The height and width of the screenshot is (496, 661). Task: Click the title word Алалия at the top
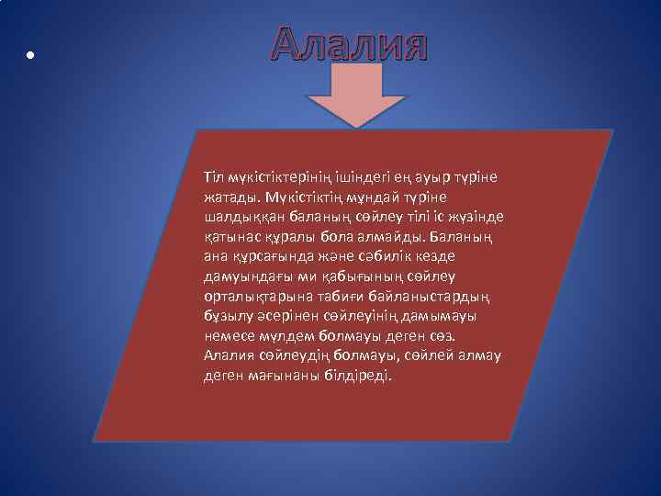(x=350, y=44)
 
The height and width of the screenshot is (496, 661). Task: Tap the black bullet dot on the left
(x=30, y=55)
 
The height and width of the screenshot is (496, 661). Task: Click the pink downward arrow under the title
(x=355, y=96)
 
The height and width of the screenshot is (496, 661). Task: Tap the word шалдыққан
(x=241, y=216)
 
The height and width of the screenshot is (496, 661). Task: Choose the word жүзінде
(x=476, y=216)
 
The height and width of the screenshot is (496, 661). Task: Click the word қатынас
(x=232, y=236)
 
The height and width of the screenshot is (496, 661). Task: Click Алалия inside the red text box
(x=233, y=356)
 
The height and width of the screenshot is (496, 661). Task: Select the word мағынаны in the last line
(x=289, y=377)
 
